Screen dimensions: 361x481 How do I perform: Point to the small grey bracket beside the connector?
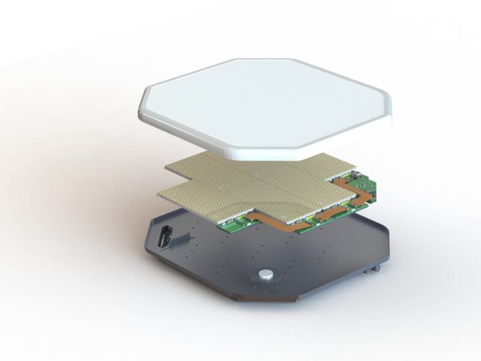[x=178, y=240]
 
